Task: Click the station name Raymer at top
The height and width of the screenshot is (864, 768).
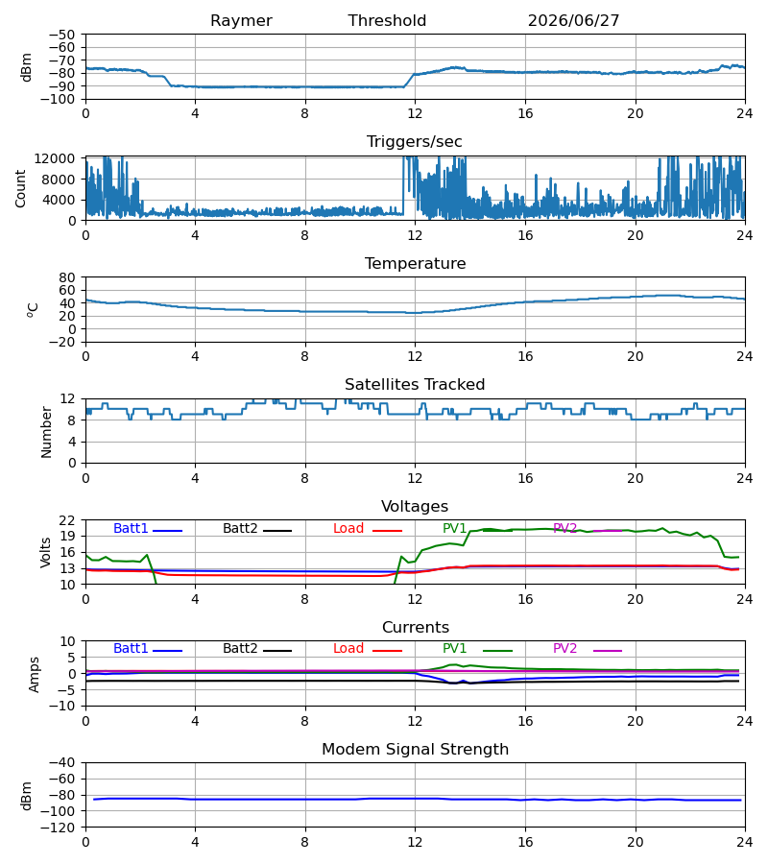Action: click(241, 21)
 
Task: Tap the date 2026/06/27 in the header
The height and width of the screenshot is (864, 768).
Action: click(573, 21)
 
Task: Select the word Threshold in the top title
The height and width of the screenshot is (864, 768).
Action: click(387, 21)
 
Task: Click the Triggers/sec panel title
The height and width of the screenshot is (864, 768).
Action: click(415, 142)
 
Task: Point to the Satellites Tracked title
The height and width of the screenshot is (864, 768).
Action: click(415, 385)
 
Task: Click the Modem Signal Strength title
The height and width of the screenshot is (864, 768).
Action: click(416, 750)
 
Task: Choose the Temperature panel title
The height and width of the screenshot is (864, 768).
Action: click(416, 263)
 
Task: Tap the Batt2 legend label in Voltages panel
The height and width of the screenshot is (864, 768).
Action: click(240, 528)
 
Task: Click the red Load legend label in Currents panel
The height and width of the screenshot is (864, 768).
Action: click(348, 649)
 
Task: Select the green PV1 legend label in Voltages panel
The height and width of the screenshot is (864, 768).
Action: click(454, 528)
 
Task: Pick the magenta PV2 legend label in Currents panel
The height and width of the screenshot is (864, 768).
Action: click(564, 649)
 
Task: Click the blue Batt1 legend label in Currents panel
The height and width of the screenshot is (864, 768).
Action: click(131, 649)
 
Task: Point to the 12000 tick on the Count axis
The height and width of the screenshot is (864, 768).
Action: click(55, 158)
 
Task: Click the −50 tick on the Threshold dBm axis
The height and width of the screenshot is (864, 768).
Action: click(61, 35)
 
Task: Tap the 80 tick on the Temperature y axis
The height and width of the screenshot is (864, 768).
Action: click(67, 277)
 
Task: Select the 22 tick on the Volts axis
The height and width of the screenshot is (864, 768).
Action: click(67, 520)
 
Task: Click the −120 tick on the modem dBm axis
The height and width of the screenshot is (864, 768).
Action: click(59, 828)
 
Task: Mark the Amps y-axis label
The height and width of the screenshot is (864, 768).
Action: click(35, 675)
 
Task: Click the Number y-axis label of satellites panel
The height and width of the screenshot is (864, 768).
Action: click(46, 433)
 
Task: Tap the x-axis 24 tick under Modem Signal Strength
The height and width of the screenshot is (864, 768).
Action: click(745, 843)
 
